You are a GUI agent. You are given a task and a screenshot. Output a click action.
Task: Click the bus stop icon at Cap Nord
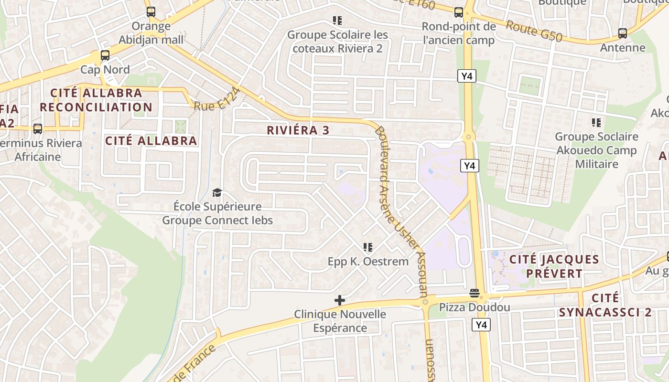coord(105,55)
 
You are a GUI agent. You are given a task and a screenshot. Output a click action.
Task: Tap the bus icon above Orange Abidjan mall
coord(151,12)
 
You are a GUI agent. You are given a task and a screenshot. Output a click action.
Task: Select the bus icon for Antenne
coord(622,33)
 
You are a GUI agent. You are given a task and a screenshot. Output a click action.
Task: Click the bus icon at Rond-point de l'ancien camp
coord(459,12)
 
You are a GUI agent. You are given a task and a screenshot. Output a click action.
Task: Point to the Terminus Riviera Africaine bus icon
coord(38,128)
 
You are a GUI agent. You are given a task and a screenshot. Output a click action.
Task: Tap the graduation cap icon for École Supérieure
coord(217,192)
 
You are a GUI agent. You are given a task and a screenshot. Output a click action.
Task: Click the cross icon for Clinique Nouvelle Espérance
coord(340,300)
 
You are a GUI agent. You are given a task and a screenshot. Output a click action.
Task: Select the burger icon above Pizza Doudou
coord(475,293)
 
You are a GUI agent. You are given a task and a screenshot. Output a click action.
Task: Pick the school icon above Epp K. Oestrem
coord(368,247)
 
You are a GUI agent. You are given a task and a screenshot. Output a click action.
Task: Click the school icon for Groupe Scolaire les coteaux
coord(337,21)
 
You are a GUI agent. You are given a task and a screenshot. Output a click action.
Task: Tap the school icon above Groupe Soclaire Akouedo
coord(596,123)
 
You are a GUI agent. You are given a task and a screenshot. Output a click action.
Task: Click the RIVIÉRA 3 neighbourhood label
coord(298,130)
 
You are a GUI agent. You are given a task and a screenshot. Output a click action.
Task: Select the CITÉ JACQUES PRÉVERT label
coord(554,266)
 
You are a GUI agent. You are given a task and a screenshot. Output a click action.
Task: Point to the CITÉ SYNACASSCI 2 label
coord(605,305)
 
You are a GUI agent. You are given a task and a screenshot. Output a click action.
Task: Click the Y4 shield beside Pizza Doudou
coord(481,325)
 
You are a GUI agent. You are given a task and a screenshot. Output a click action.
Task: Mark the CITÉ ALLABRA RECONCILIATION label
coord(96,100)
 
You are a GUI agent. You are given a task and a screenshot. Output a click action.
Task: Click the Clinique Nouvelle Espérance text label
coord(340,321)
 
